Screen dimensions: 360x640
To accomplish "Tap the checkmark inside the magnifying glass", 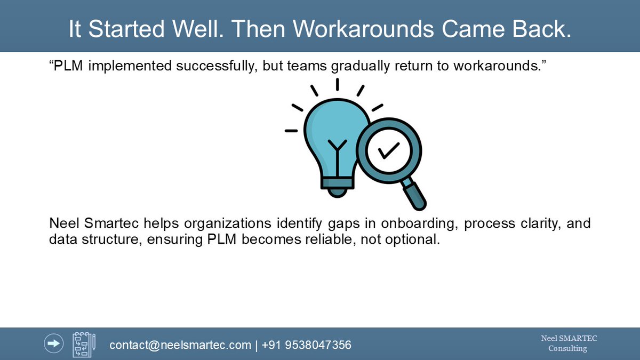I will [x=388, y=151].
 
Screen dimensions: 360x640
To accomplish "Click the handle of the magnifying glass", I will [x=415, y=194].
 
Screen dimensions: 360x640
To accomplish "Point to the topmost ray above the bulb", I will [x=337, y=84].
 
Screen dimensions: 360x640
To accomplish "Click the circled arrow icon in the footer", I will [x=54, y=344].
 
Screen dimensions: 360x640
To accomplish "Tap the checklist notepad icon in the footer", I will [x=84, y=345].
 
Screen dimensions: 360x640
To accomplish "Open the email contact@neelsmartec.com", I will [x=180, y=345].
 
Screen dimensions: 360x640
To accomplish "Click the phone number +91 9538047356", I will [x=307, y=345].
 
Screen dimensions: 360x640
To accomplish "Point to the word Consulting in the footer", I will [x=567, y=349].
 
